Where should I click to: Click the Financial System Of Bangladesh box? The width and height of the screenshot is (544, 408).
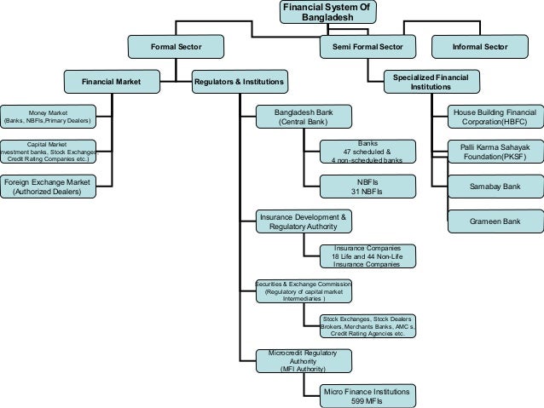[x=327, y=13]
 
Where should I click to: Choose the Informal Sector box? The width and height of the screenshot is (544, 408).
[x=480, y=45]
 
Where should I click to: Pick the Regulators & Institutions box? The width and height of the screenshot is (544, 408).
[x=240, y=82]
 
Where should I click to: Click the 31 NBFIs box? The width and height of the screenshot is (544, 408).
[x=367, y=187]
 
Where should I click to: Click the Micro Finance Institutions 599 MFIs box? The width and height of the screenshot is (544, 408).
[x=367, y=396]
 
